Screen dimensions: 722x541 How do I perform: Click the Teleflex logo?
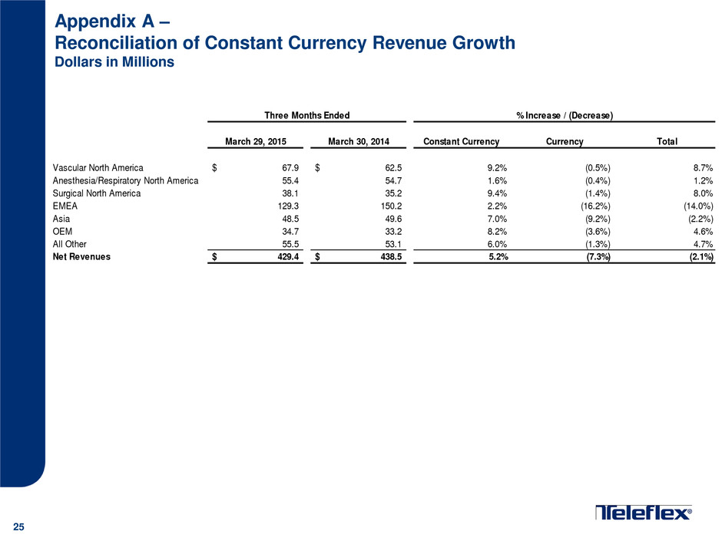(644, 513)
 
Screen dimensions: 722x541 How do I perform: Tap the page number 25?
(19, 527)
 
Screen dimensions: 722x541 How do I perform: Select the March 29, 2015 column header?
(256, 142)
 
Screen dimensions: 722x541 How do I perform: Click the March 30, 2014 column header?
(359, 142)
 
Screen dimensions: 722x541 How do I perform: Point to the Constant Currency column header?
(462, 142)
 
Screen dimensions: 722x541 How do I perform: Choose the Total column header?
(667, 142)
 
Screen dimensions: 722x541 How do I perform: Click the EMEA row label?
(65, 206)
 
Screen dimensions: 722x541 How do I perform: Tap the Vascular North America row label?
(98, 168)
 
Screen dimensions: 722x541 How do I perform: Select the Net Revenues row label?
(81, 257)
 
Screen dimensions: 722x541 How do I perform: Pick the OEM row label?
(62, 232)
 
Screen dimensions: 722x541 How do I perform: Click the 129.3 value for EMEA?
(288, 206)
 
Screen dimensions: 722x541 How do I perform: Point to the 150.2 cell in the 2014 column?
(392, 206)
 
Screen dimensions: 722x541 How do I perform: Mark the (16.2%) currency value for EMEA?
(595, 206)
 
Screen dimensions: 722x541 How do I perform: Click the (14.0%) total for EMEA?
(698, 206)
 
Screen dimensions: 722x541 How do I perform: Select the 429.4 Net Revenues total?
(288, 257)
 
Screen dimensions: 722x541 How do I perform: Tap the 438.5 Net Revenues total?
(392, 257)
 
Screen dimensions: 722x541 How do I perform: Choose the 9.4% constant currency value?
(497, 193)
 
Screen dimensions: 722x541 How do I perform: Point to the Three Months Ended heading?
(307, 115)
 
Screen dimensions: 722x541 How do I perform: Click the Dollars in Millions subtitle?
(114, 62)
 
